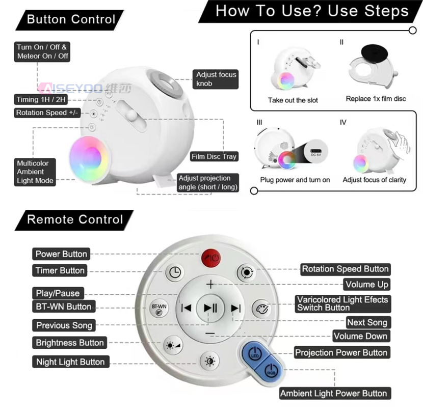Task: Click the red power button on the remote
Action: click(x=210, y=258)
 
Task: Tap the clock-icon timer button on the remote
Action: click(x=175, y=272)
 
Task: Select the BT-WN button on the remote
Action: click(x=159, y=309)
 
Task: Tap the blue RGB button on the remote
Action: click(x=271, y=370)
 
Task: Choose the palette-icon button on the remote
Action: click(x=261, y=309)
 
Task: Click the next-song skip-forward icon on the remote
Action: click(x=236, y=308)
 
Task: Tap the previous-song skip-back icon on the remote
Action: click(x=187, y=308)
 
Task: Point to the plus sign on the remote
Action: click(x=210, y=284)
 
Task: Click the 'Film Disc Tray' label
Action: click(x=214, y=156)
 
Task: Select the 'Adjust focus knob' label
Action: click(x=216, y=79)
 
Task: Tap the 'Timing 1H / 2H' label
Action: click(x=41, y=99)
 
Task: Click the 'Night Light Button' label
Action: click(x=71, y=361)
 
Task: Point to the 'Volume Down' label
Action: click(x=361, y=336)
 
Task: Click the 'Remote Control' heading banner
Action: click(x=74, y=219)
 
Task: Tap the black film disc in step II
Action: click(x=374, y=52)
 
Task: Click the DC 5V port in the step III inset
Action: click(x=315, y=151)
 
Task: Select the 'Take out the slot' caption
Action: click(x=293, y=100)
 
